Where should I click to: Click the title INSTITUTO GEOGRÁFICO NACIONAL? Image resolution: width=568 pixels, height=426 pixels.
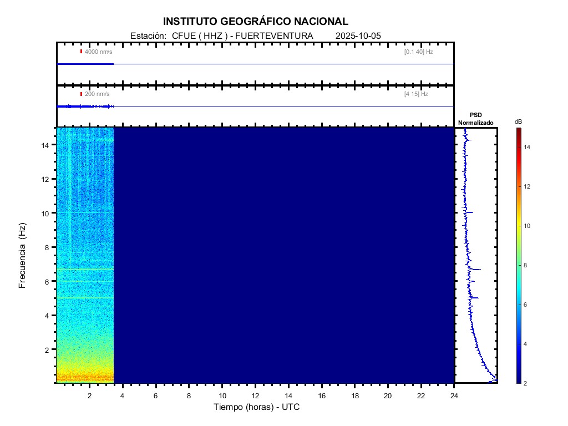256,22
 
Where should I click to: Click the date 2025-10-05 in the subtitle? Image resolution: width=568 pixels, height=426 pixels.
358,36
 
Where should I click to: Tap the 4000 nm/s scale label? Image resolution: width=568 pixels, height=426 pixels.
98,52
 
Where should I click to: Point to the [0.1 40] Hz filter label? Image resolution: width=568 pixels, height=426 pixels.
418,52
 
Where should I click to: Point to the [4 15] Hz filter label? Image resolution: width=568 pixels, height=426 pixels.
416,94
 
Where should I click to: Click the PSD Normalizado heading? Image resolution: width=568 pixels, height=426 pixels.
475,119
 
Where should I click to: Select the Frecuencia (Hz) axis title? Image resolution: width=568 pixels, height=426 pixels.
23,255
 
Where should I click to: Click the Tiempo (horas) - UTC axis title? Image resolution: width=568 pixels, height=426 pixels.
257,407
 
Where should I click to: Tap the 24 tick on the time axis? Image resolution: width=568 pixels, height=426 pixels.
454,395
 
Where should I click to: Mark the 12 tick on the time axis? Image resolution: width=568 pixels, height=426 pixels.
255,395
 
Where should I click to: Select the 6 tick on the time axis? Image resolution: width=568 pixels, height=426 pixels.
156,395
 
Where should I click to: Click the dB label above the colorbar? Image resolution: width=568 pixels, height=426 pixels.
518,121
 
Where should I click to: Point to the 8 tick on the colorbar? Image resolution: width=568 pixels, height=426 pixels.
528,266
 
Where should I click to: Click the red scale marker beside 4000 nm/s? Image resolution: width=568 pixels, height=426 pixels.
81,52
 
